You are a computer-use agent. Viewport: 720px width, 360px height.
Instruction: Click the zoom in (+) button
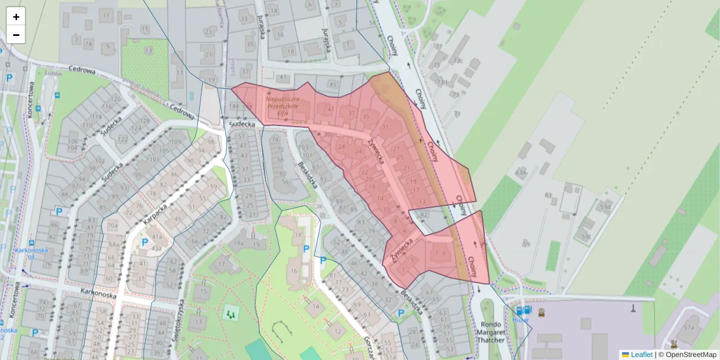(x=16, y=16)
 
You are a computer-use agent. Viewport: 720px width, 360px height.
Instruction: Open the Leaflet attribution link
(x=641, y=355)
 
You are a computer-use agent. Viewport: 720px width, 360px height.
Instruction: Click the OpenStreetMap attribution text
(x=691, y=355)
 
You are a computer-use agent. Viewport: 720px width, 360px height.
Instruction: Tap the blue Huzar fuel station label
(x=520, y=320)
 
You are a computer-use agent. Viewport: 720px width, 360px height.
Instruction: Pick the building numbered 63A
(x=521, y=173)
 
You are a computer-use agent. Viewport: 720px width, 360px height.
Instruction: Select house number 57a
(x=689, y=328)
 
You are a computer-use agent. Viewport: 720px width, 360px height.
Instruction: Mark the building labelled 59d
(x=605, y=208)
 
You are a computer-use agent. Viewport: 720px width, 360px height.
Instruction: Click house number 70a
(x=112, y=225)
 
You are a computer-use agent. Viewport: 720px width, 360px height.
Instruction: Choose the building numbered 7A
(x=88, y=44)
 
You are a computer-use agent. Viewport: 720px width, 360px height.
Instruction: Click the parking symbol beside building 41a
(x=145, y=242)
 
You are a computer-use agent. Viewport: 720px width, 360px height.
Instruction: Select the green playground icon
(x=230, y=313)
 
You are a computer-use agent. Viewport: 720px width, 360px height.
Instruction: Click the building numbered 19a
(x=239, y=243)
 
